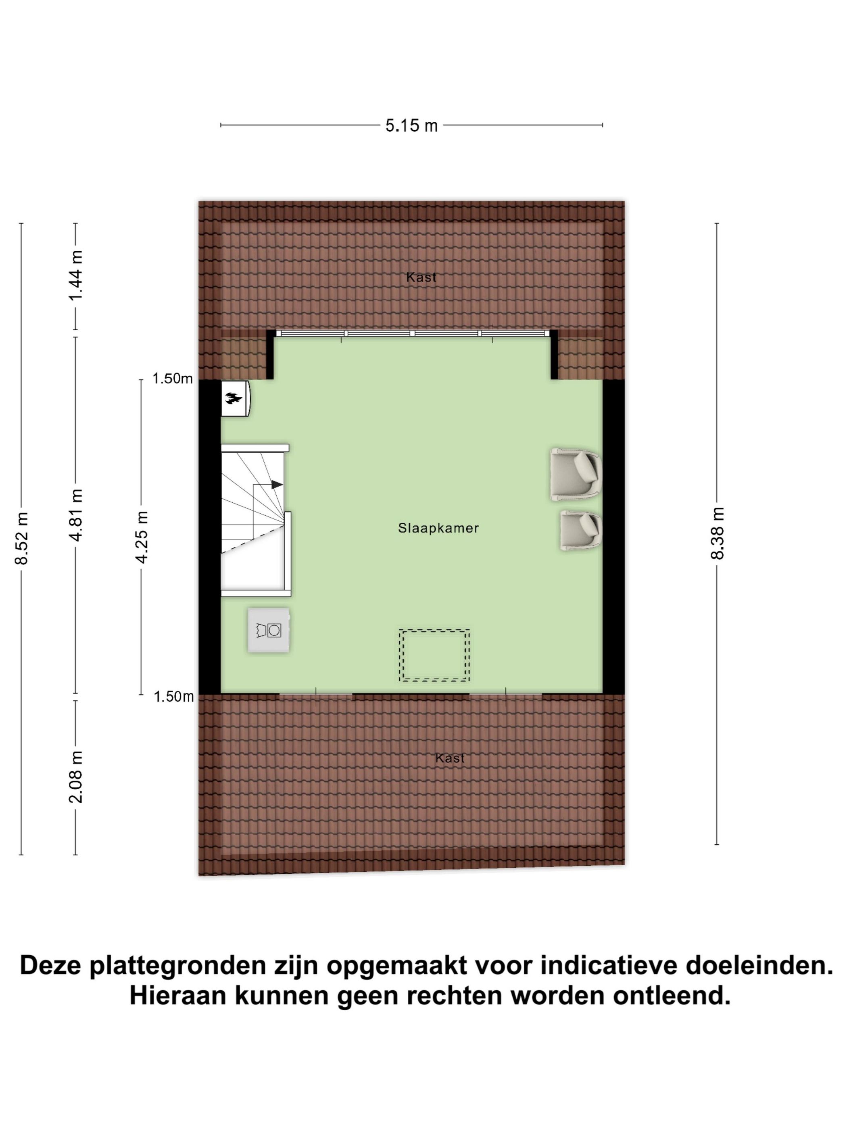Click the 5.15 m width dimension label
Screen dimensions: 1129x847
411,125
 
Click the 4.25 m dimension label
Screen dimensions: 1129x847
142,537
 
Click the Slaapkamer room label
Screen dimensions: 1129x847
438,528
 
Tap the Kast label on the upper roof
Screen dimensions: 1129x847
421,277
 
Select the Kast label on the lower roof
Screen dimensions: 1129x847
450,758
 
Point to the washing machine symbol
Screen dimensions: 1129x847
269,630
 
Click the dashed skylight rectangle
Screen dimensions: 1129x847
434,655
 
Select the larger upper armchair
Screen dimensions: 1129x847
576,474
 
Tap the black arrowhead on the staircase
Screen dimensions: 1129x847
277,484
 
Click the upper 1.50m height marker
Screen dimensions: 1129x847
173,378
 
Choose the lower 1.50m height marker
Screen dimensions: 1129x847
173,696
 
